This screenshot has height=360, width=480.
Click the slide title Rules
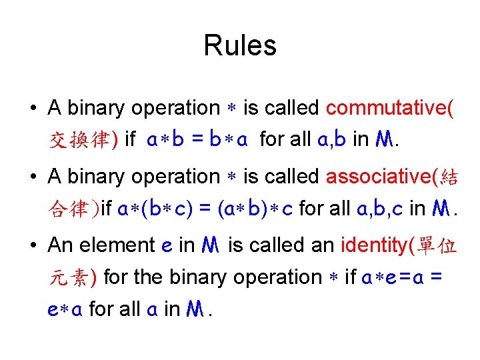[x=240, y=45]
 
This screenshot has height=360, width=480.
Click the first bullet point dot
[x=33, y=109]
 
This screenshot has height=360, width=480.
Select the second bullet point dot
[x=33, y=177]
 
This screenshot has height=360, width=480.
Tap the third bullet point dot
[x=33, y=246]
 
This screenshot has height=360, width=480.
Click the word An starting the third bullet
[x=60, y=245]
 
